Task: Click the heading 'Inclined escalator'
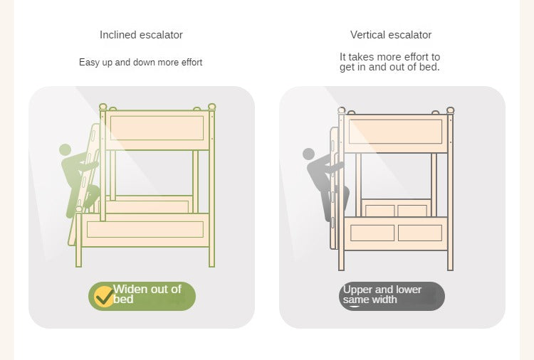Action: (141, 35)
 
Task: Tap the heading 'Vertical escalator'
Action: (391, 35)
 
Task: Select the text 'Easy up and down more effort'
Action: (140, 63)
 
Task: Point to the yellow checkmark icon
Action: (104, 296)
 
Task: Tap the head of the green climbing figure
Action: (66, 150)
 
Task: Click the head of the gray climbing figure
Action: (308, 154)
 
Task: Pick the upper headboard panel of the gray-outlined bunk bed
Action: (396, 132)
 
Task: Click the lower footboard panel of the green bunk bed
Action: (145, 229)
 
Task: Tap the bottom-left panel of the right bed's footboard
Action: (372, 233)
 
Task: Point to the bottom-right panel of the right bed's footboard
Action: (419, 233)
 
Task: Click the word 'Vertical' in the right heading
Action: (367, 35)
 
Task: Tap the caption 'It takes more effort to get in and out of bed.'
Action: (389, 62)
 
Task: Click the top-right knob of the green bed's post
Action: (211, 106)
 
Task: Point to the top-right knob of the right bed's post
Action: (450, 110)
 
